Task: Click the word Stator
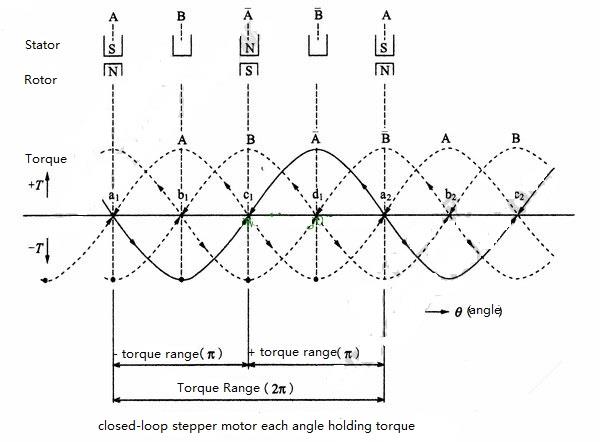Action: [x=42, y=45]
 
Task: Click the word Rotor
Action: [x=41, y=80]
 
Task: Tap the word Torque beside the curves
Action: [x=46, y=159]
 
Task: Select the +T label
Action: [x=35, y=185]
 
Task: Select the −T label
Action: [x=35, y=249]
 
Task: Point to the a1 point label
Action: [x=114, y=196]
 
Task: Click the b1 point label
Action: [x=183, y=196]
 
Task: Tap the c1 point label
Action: [x=248, y=196]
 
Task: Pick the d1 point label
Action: [x=317, y=195]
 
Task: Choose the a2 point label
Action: [x=385, y=196]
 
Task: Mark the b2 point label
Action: [x=450, y=196]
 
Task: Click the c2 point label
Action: [x=518, y=196]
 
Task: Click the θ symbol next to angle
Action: [x=458, y=312]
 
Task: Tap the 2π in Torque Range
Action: [x=279, y=389]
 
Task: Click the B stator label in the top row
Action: [x=181, y=16]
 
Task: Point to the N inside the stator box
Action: [x=249, y=48]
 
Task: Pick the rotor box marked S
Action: [x=249, y=69]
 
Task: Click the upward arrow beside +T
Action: [x=47, y=185]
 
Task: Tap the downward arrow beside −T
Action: [x=47, y=252]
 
